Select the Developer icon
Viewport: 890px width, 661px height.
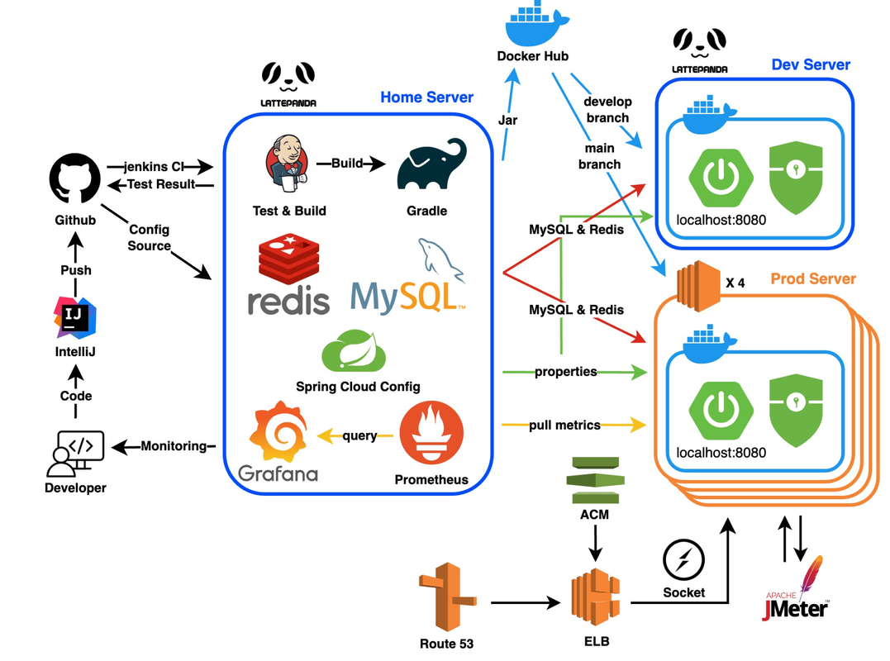pos(75,453)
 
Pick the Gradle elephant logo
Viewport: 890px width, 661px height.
pos(427,164)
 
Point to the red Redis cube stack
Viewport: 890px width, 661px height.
pos(288,258)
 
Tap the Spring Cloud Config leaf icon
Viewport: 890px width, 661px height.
pos(358,352)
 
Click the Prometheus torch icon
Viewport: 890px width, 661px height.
pos(431,435)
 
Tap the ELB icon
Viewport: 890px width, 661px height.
pos(595,598)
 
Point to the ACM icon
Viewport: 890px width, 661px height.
pos(595,478)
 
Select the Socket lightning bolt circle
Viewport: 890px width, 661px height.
pos(683,562)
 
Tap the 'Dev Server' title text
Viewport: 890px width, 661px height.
pos(811,64)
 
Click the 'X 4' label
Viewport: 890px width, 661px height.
pos(735,283)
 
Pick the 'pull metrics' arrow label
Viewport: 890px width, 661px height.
pos(565,425)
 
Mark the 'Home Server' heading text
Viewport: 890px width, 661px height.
pos(426,97)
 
